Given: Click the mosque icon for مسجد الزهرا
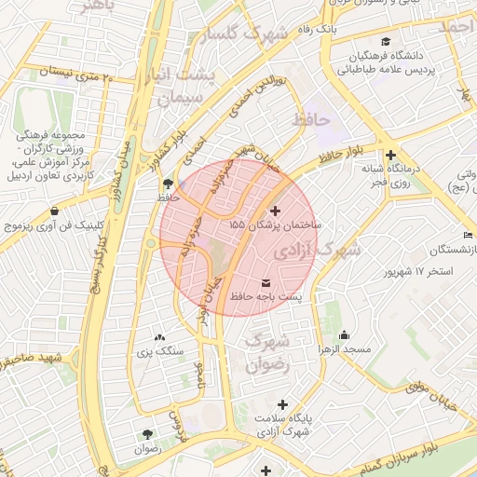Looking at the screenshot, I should coord(345,335).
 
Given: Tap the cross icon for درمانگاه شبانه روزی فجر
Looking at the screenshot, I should coord(390,155).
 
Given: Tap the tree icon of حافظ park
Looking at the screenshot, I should coord(167,184).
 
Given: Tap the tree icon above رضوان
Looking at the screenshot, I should coord(147,434).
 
